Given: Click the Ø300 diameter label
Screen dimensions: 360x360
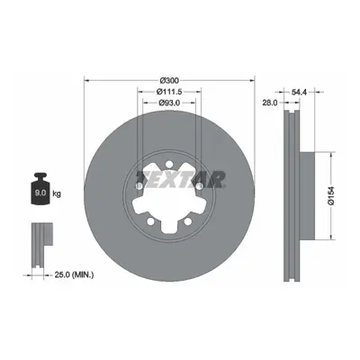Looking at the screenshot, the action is tap(169, 80).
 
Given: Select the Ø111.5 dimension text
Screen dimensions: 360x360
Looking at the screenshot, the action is tap(169, 92).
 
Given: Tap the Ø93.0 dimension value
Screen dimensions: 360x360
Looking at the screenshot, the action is tap(169, 103).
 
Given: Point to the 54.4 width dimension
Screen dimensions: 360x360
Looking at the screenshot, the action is tap(299, 93).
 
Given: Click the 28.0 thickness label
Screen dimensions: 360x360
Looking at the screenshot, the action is tap(270, 103).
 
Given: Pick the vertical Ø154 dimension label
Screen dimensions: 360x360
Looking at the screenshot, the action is tap(331, 196).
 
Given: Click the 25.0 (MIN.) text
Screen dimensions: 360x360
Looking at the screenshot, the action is tap(74, 274).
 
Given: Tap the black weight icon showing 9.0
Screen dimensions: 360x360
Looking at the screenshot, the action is tap(40, 188).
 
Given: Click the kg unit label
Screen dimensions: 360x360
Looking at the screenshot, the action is tap(57, 193).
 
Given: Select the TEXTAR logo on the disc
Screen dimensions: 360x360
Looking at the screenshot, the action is tap(180, 179).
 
